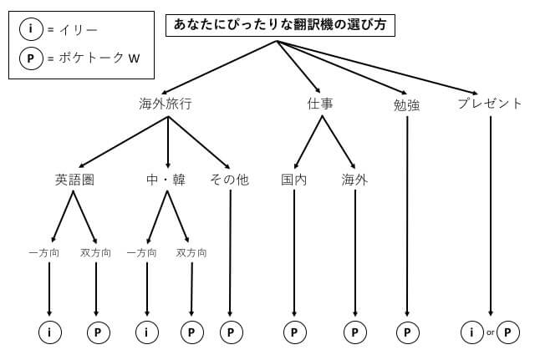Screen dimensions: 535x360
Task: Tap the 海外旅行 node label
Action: tap(166, 104)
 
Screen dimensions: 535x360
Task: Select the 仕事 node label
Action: tap(320, 104)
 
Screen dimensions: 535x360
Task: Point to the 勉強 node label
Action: tap(406, 105)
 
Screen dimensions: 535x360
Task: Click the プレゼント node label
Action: tap(490, 104)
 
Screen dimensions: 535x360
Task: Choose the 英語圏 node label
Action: tap(74, 180)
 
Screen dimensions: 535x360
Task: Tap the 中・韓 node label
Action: tap(166, 180)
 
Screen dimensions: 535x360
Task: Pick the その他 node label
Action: tap(230, 180)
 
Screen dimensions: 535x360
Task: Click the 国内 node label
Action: tap(293, 180)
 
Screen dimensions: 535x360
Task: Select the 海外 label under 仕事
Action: tap(354, 180)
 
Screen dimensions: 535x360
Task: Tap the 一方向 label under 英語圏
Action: tap(44, 253)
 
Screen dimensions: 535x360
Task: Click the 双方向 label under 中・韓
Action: tap(191, 253)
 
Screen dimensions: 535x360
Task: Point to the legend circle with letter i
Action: tap(31, 29)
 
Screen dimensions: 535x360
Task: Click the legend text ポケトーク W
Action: tap(99, 58)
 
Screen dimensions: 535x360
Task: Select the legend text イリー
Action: tap(78, 30)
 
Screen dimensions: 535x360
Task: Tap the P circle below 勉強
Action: tap(407, 332)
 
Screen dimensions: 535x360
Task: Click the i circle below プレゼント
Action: tap(471, 332)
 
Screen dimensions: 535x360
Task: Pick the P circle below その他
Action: tap(231, 332)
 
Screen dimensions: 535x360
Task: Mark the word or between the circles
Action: tap(491, 332)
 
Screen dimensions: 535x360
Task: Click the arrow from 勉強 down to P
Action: tap(407, 216)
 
